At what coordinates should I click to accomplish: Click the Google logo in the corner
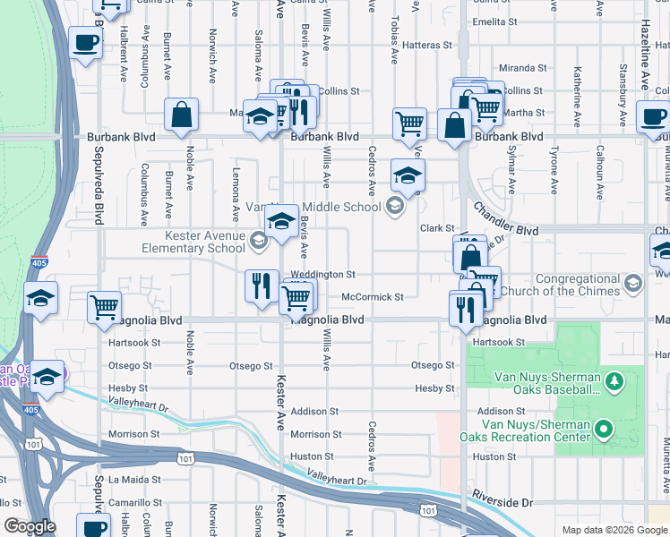click(x=30, y=526)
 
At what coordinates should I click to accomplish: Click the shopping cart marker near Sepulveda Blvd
click(x=105, y=307)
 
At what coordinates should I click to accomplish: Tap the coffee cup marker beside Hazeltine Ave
click(x=653, y=116)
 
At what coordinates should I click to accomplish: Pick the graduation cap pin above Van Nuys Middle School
click(x=408, y=176)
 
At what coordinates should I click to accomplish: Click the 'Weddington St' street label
click(x=322, y=275)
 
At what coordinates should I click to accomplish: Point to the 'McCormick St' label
click(x=373, y=297)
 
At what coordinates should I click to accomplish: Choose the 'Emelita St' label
click(x=496, y=21)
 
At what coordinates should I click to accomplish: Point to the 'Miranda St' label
click(x=523, y=68)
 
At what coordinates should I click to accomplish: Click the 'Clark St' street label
click(x=438, y=229)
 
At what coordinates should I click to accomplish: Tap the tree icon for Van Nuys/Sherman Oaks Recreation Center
click(x=603, y=430)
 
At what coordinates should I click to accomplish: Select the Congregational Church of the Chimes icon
click(x=633, y=284)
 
